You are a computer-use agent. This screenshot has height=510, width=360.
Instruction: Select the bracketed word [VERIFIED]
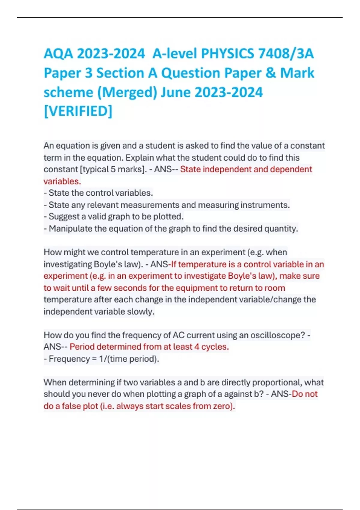click(78, 111)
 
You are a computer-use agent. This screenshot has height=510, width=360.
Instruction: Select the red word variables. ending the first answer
click(62, 181)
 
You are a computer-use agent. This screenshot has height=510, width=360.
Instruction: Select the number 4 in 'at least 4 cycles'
click(196, 347)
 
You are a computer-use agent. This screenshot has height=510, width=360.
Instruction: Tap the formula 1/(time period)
click(129, 359)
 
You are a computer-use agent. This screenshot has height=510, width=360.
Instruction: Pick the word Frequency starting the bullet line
click(69, 359)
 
